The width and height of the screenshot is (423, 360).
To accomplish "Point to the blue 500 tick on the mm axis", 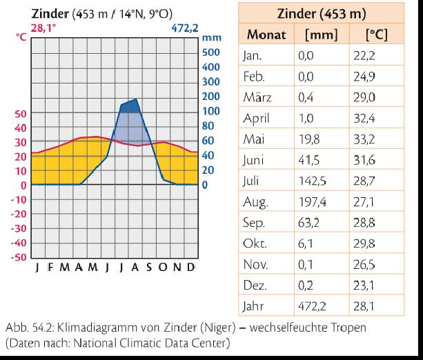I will [x=210, y=52].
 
